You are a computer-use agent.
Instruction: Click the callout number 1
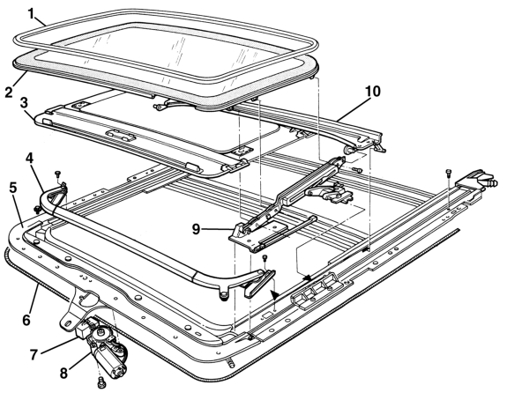tap(31, 14)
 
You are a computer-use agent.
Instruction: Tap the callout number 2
tap(9, 92)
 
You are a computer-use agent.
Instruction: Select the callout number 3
tap(24, 103)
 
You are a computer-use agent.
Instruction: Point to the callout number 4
tap(30, 159)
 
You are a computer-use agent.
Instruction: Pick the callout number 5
tap(13, 188)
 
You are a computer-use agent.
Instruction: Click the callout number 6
tap(26, 320)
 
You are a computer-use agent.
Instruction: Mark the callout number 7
tap(34, 355)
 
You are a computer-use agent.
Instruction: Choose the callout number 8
tap(64, 374)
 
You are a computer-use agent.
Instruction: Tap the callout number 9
tap(196, 230)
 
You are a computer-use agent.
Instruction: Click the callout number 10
tap(372, 92)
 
